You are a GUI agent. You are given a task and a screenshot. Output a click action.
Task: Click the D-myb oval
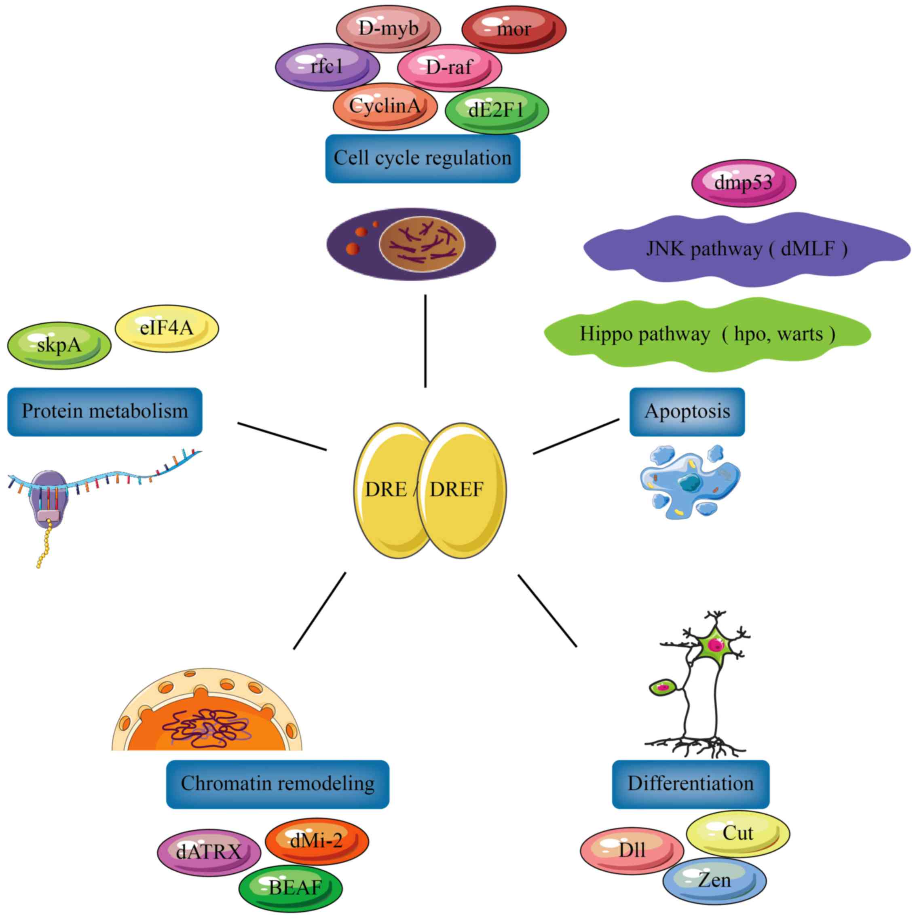388,29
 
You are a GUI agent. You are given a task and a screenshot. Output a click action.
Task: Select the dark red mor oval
513,30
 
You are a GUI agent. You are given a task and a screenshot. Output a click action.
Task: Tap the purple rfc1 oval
327,67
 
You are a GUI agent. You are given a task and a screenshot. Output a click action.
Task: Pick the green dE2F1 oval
497,110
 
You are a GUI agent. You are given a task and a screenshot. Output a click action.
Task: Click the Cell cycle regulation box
422,158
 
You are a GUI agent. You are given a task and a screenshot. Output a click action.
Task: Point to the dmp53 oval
743,183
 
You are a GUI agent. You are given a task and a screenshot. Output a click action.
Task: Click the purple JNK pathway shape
746,249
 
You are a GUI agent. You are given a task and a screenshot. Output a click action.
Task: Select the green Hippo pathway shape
707,334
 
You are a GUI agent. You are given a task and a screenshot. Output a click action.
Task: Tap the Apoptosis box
687,411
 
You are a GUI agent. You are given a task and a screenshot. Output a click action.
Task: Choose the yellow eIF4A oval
167,328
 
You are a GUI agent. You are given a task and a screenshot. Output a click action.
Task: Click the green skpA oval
59,346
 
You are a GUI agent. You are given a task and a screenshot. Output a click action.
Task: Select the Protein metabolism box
105,411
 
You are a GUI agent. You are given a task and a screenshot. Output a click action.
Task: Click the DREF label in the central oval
456,489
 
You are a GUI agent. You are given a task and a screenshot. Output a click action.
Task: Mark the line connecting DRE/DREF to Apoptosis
576,436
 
